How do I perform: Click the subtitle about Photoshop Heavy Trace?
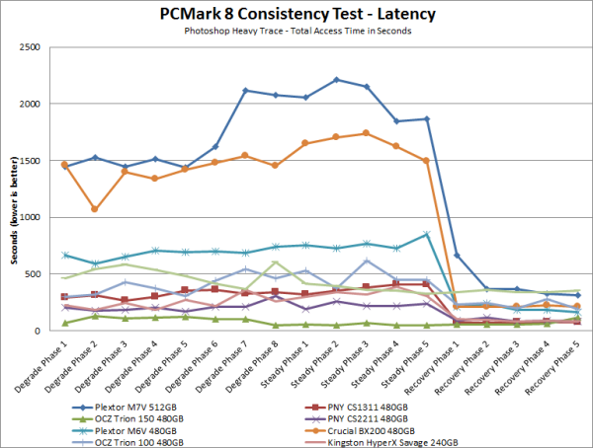coord(296,31)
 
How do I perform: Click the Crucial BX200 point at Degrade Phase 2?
coord(95,209)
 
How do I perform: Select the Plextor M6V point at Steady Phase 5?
coord(426,234)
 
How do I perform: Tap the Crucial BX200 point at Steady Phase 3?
coord(366,133)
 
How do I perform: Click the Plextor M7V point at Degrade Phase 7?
coord(245,91)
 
